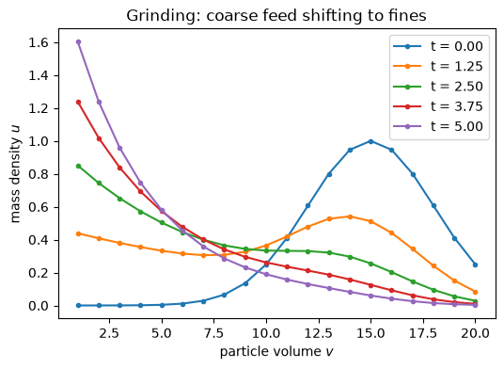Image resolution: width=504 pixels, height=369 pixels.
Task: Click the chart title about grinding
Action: pyautogui.click(x=276, y=15)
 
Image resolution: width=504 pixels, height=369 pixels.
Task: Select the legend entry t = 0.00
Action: pyautogui.click(x=438, y=46)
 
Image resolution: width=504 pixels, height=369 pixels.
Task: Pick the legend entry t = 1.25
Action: pyautogui.click(x=438, y=66)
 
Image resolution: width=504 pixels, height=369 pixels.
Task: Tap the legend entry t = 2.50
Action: pyautogui.click(x=438, y=87)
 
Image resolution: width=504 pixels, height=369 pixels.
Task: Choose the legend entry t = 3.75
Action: pyautogui.click(x=438, y=106)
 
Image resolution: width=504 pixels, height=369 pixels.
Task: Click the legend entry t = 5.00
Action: pyautogui.click(x=438, y=126)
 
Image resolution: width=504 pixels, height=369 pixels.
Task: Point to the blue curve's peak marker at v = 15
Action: pyautogui.click(x=370, y=141)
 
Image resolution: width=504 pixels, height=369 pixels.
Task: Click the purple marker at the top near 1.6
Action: pyautogui.click(x=78, y=42)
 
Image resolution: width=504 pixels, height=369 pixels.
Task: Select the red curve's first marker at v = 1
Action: pyautogui.click(x=78, y=103)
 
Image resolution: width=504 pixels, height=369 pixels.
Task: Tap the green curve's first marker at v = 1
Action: pyautogui.click(x=78, y=167)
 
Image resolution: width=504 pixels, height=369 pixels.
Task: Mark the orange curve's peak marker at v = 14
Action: pyautogui.click(x=350, y=217)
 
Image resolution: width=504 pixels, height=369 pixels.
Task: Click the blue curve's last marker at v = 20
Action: pyautogui.click(x=476, y=265)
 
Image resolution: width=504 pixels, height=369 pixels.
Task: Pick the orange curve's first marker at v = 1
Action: pyautogui.click(x=78, y=233)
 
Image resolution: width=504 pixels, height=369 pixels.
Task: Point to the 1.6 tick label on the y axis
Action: pyautogui.click(x=39, y=42)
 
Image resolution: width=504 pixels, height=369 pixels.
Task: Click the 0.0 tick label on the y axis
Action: pyautogui.click(x=39, y=306)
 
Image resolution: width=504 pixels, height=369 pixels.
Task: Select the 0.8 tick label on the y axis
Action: pyautogui.click(x=39, y=175)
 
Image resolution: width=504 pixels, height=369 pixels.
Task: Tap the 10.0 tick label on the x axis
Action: pyautogui.click(x=266, y=333)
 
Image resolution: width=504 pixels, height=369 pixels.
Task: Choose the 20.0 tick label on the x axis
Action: pyautogui.click(x=476, y=333)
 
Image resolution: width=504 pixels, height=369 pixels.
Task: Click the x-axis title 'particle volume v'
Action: pyautogui.click(x=276, y=352)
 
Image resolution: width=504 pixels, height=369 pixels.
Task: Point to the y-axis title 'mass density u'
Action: pyautogui.click(x=15, y=174)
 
